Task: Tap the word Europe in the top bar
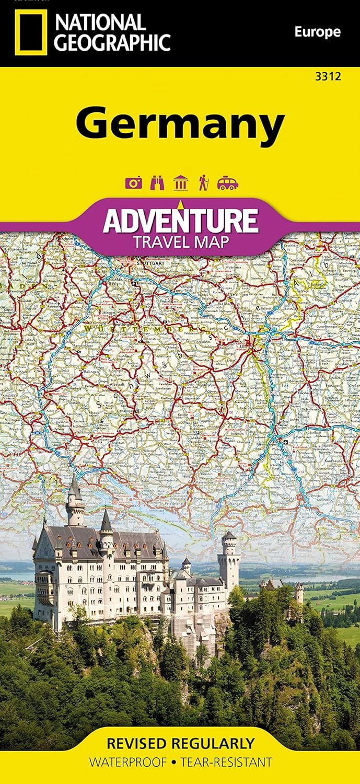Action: [x=317, y=32]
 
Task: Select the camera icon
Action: [x=134, y=182]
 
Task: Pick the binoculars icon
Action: [x=157, y=182]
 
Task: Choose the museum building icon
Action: [x=180, y=182]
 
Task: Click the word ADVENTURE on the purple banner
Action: [x=180, y=221]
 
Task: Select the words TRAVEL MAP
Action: [x=180, y=242]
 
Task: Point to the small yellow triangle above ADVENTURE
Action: [x=180, y=203]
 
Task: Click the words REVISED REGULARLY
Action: [x=180, y=743]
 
